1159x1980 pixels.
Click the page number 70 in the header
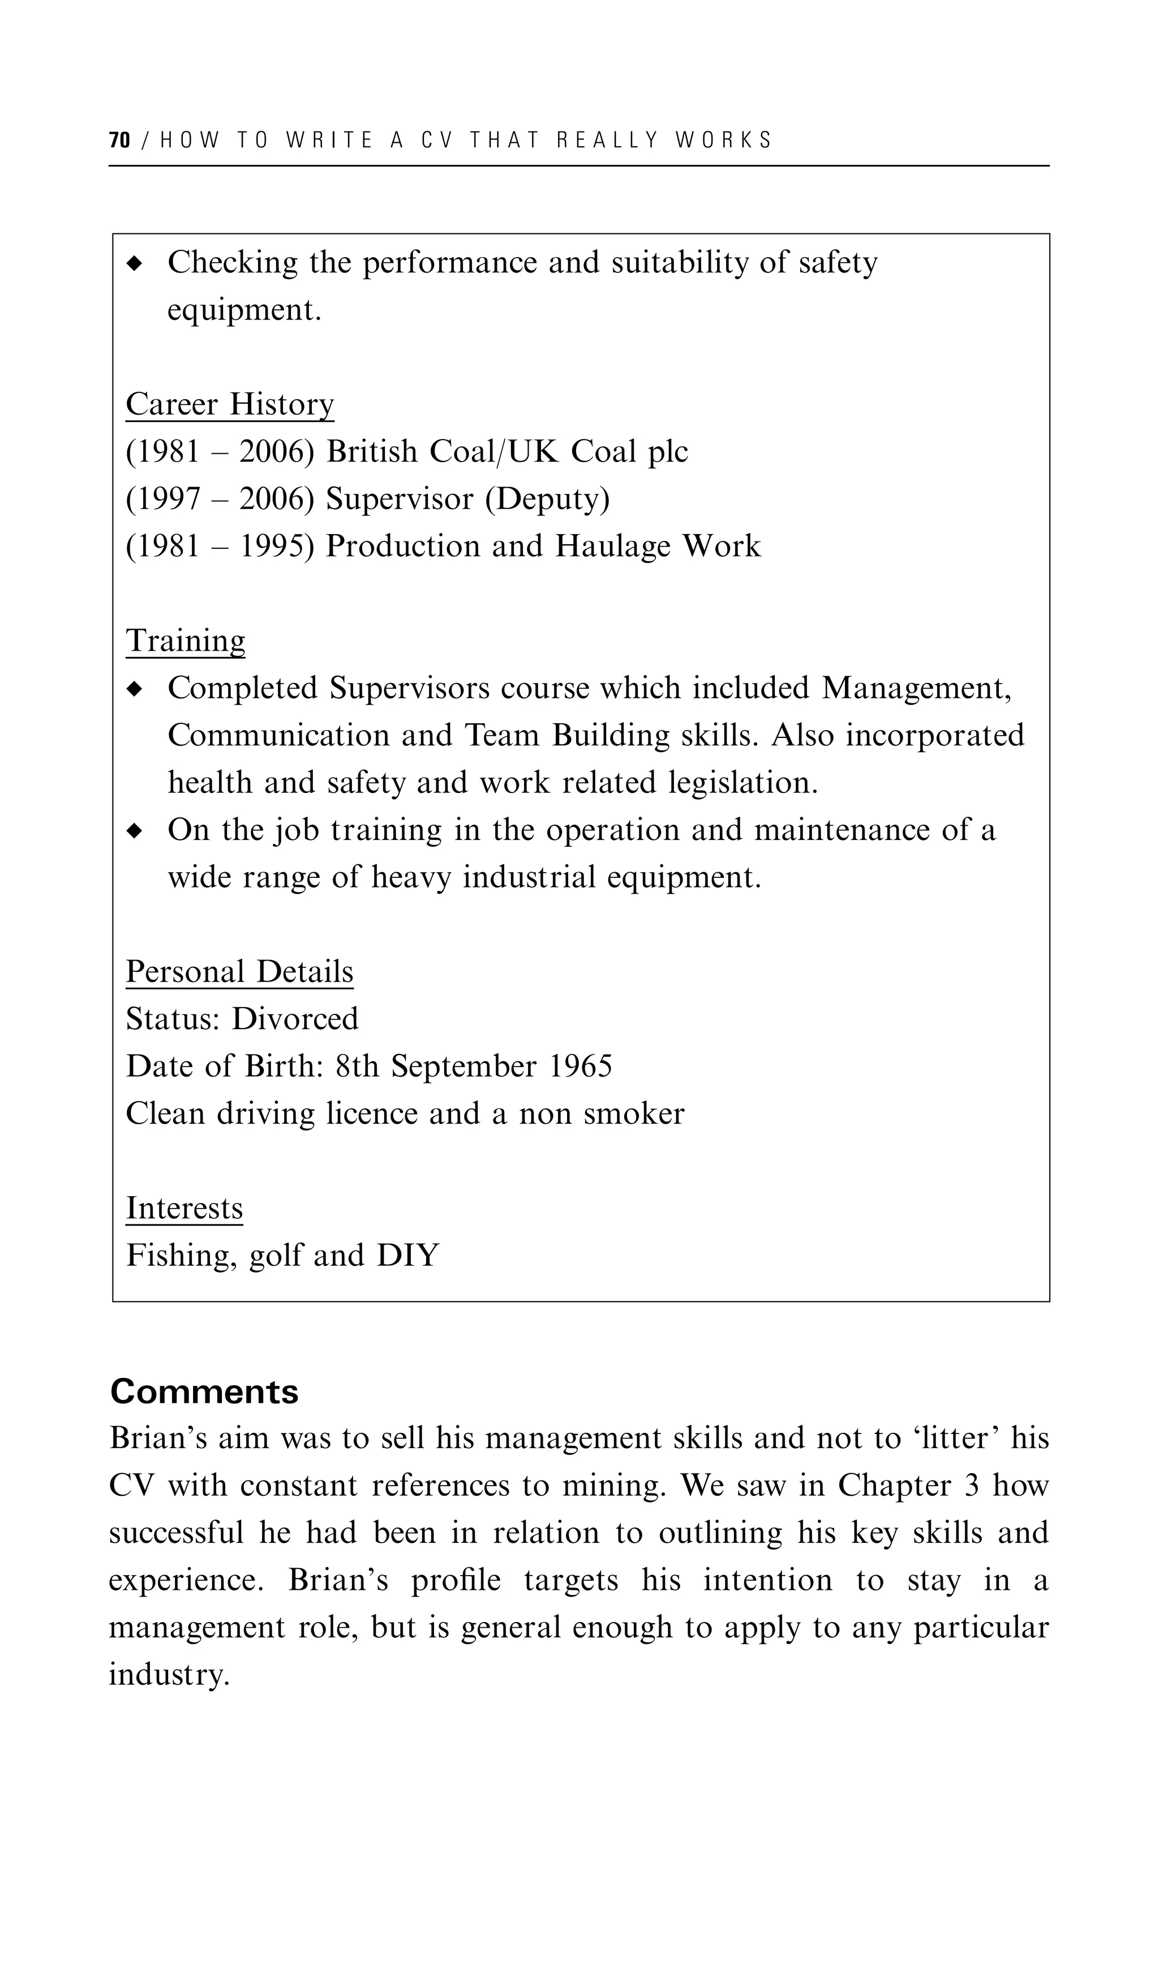[x=119, y=140]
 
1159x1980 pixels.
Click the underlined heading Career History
[x=229, y=404]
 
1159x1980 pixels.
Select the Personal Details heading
[x=239, y=972]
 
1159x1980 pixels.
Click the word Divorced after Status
[x=294, y=1019]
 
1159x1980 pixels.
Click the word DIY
[x=407, y=1256]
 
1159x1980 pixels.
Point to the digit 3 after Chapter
[x=971, y=1486]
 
